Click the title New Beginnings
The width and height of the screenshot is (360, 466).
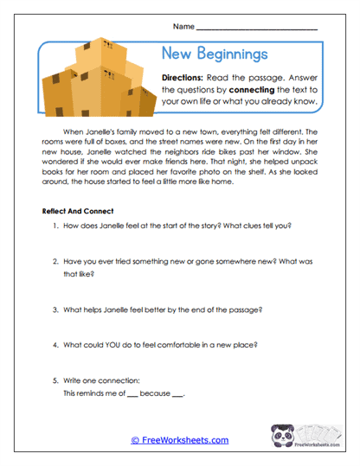tap(215, 54)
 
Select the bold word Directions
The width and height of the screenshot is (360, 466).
tap(186, 77)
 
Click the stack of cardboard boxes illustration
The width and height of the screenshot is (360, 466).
tap(95, 82)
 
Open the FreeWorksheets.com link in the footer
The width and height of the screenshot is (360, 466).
tap(180, 439)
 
